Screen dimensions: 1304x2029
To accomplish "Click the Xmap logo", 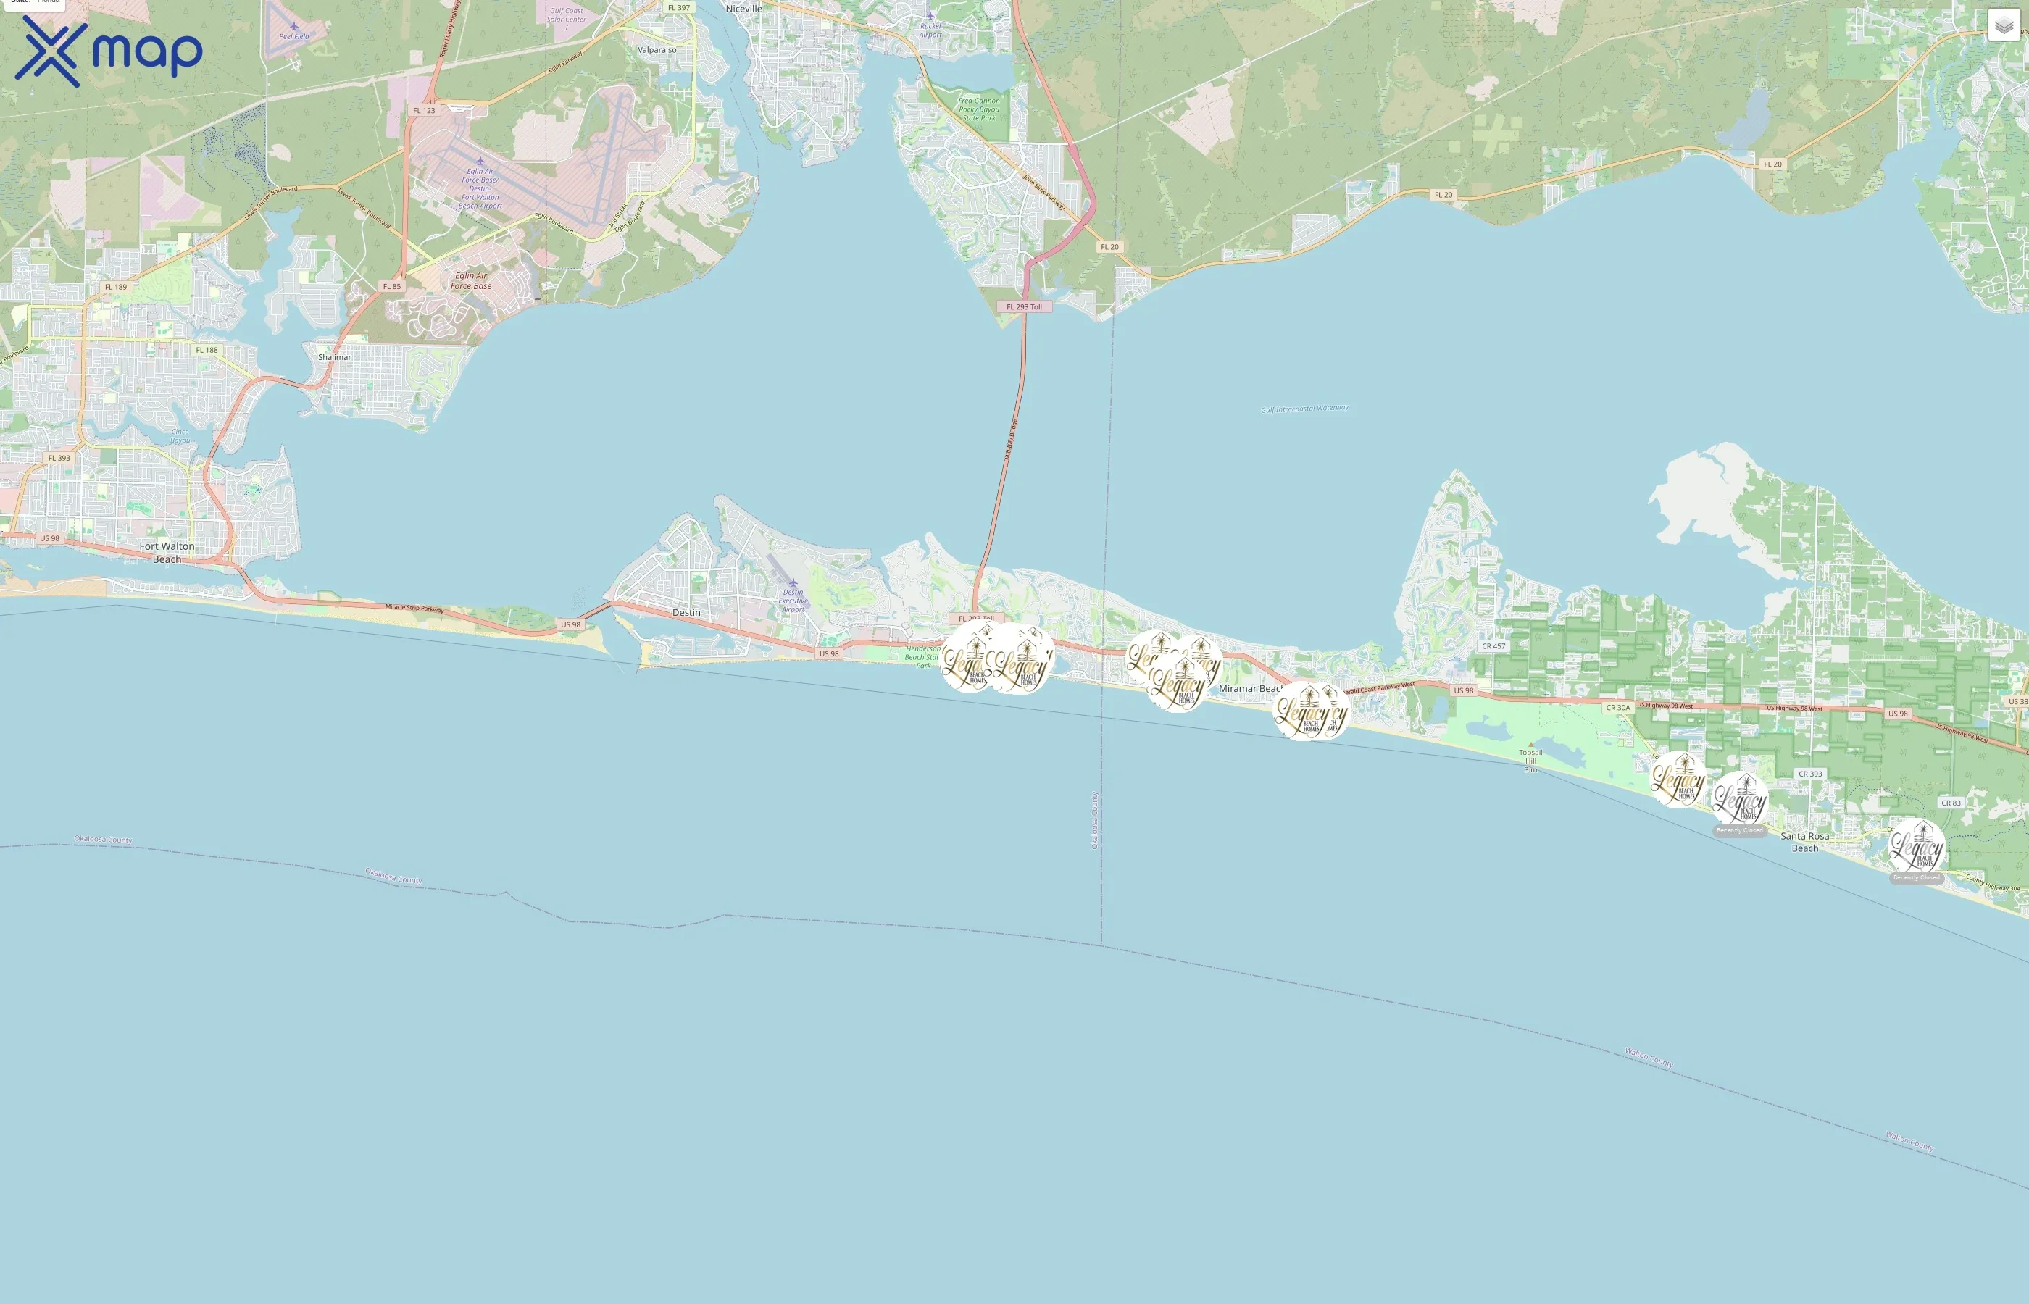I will pos(109,51).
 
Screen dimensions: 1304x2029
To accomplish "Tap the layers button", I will pos(2004,25).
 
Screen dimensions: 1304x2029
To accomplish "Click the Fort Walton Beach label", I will pos(167,552).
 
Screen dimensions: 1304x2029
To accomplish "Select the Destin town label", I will pos(686,612).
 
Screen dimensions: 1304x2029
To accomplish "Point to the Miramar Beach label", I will pos(1249,688).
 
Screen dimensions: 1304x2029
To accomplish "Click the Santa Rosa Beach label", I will pos(1804,842).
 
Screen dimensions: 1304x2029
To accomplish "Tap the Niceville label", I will pos(743,9).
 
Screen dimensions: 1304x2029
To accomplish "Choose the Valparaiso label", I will pos(657,50).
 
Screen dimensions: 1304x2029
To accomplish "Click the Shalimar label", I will pos(335,357).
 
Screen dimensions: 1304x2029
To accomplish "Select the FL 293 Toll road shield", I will pos(1024,306).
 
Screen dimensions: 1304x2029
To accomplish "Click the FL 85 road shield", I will pos(391,286).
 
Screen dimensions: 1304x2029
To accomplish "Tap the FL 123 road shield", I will pos(423,110).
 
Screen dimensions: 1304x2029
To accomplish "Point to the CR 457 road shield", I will pos(1493,646).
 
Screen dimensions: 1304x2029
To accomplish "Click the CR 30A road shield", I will pos(1617,707).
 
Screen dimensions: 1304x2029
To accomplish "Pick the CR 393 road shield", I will pos(1809,774).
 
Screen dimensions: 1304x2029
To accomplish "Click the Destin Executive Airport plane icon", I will pos(793,582).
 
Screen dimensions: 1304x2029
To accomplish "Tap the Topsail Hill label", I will pos(1530,756).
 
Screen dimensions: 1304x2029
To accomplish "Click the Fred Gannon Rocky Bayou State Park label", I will pos(979,109).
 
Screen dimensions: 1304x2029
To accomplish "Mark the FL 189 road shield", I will pos(115,287).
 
